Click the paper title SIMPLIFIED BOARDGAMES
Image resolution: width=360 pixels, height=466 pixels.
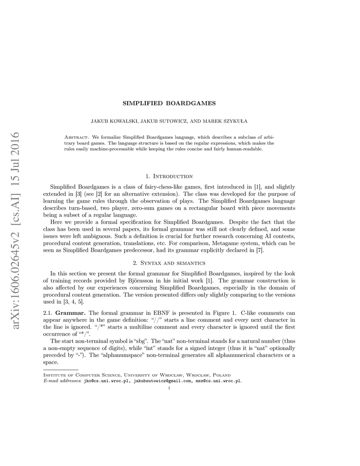click(x=169, y=103)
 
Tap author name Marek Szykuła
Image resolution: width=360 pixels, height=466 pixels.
click(x=228, y=121)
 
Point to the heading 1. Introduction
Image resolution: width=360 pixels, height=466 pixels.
click(x=169, y=176)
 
